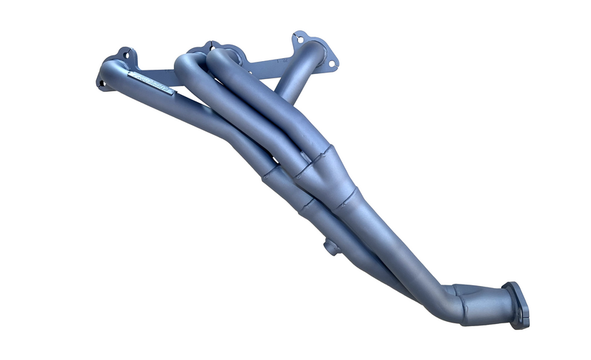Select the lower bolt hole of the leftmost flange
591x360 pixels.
click(x=102, y=83)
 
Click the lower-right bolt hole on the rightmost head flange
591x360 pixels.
click(x=332, y=63)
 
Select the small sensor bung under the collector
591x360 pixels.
click(x=331, y=247)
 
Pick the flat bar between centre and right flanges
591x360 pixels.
click(x=266, y=68)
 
